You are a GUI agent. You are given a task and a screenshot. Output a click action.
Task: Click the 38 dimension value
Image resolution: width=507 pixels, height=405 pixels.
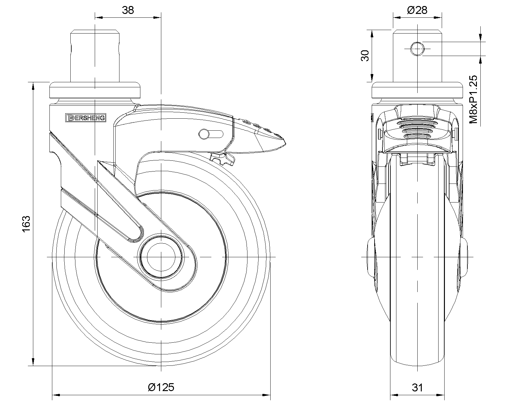click(128, 10)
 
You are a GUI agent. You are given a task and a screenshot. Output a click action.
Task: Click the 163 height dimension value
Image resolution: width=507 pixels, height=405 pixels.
click(26, 224)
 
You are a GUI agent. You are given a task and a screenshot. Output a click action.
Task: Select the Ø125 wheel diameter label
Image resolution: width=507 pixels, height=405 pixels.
click(161, 387)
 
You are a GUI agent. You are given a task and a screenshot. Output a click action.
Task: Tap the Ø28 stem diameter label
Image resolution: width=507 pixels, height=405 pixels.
click(417, 10)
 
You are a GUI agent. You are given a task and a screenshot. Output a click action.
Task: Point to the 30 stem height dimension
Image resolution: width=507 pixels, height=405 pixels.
click(365, 56)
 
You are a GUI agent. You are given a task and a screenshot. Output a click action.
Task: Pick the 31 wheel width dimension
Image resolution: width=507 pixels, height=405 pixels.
click(417, 387)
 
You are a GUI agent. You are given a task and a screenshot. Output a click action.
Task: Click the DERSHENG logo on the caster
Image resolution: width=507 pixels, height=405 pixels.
click(86, 118)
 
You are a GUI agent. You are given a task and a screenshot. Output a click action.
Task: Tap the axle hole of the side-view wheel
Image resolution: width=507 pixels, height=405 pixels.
click(161, 257)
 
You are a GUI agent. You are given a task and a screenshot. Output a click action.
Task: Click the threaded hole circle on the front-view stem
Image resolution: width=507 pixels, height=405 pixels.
click(417, 49)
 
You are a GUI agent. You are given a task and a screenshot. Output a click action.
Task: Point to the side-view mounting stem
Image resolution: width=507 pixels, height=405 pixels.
click(95, 56)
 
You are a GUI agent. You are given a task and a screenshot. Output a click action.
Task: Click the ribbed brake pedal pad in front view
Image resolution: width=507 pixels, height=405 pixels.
click(417, 127)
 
